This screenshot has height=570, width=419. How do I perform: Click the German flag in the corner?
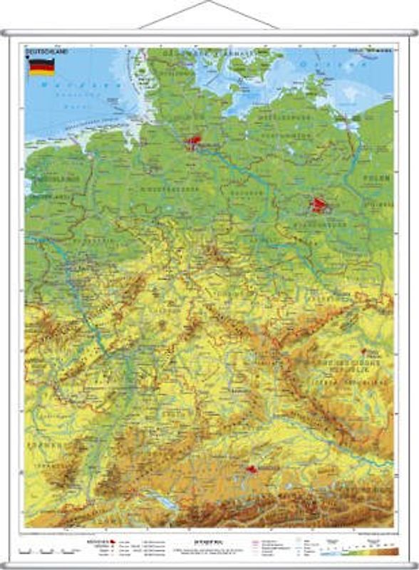point(41,67)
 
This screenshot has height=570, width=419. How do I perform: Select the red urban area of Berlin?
point(319,207)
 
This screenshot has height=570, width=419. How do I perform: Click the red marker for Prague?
point(364,351)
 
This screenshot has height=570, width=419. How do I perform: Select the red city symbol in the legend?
point(113,542)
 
